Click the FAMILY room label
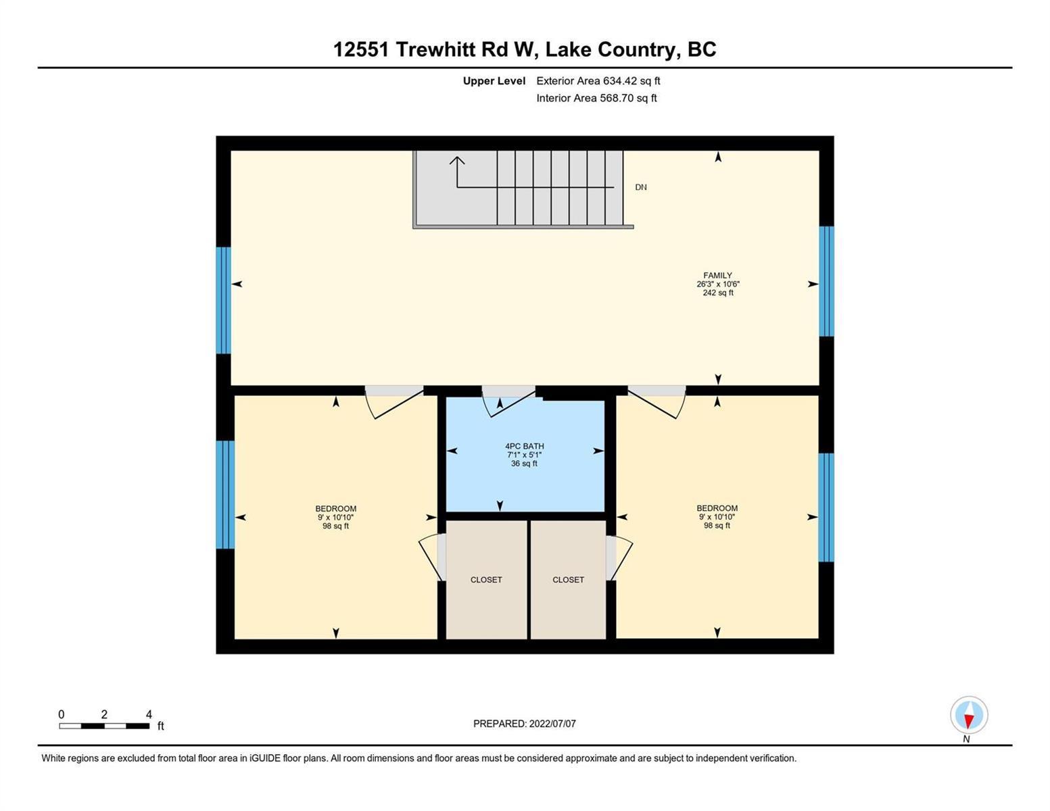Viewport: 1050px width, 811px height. pos(717,275)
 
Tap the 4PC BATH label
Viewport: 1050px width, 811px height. pos(524,446)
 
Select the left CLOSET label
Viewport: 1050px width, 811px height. pos(486,580)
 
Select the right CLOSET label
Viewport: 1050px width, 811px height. pos(568,580)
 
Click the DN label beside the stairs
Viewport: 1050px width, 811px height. pos(641,187)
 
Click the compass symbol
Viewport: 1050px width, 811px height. pos(969,715)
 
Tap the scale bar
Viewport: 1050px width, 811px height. pos(104,726)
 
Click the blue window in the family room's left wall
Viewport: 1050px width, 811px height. pos(223,301)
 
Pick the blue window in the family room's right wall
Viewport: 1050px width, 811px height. pos(826,281)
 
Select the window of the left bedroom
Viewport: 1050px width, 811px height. pos(225,495)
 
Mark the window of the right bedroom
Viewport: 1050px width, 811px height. pos(826,507)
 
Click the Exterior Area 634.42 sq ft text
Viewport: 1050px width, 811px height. pos(598,80)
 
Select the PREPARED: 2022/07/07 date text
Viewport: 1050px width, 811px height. pos(524,724)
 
